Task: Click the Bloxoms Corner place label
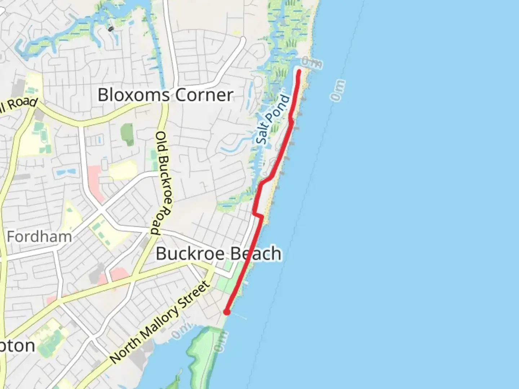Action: pos(165,95)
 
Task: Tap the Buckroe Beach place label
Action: pos(218,254)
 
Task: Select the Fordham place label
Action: pos(39,237)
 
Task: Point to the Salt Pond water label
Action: pos(274,120)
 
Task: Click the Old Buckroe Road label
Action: pos(163,183)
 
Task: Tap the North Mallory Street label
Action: pos(160,322)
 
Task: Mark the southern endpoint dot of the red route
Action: pos(227,312)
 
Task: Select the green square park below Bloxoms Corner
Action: pos(127,135)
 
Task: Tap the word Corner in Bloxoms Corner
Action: pos(204,95)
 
